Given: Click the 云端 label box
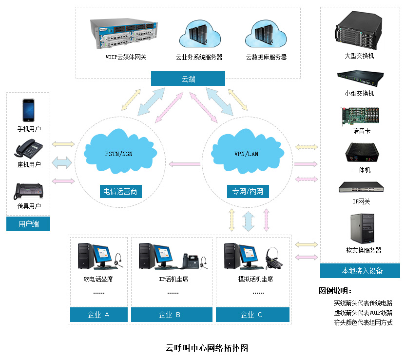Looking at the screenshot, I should pyautogui.click(x=188, y=79).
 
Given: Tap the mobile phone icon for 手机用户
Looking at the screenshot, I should pyautogui.click(x=29, y=111).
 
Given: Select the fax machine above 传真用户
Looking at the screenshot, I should pyautogui.click(x=29, y=191).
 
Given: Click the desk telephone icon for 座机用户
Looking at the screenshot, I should pyautogui.click(x=29, y=149).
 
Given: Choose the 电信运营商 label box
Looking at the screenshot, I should pyautogui.click(x=120, y=191).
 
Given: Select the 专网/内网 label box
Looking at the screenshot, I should pyautogui.click(x=248, y=191).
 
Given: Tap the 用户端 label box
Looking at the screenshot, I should pyautogui.click(x=28, y=224).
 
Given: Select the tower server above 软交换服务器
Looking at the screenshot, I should pyautogui.click(x=360, y=230).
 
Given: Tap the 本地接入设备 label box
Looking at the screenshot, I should pyautogui.click(x=360, y=271).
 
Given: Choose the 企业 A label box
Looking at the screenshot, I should pyautogui.click(x=99, y=315).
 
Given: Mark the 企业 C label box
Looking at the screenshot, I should pyautogui.click(x=252, y=315).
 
